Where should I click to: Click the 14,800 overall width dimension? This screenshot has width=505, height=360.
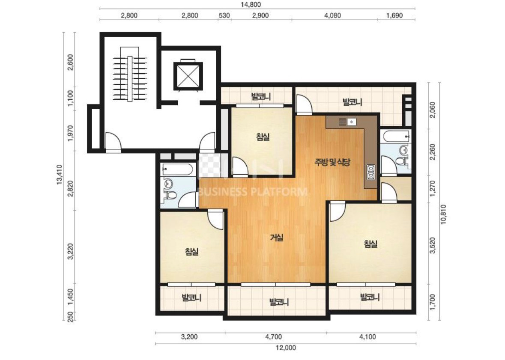251,5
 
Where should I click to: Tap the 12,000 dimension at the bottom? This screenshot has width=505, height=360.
286,348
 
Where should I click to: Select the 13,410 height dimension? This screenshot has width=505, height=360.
59,175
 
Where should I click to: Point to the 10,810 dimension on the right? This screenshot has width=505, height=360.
444,214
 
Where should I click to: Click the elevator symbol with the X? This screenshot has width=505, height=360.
188,76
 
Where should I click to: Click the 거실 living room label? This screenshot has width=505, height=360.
277,238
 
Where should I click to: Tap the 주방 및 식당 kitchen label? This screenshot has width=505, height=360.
332,162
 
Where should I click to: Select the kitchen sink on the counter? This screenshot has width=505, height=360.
347,122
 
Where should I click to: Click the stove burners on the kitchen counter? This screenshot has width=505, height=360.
371,172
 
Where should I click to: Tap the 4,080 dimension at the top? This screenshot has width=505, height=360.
333,15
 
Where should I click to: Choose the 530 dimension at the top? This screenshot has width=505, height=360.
224,15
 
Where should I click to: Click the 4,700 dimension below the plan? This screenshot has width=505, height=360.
273,337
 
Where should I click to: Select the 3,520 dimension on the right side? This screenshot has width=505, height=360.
432,245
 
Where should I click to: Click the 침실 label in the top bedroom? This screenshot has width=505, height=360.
263,137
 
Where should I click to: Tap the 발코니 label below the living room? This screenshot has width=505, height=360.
279,302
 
